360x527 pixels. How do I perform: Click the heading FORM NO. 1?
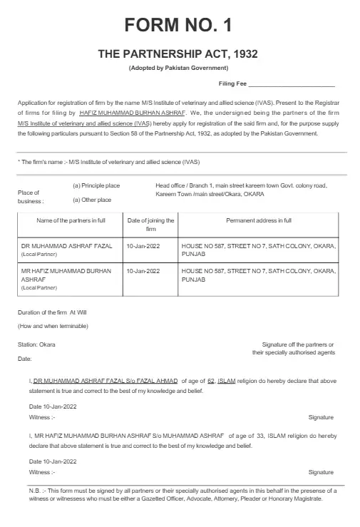coord(178,26)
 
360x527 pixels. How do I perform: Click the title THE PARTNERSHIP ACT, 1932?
coord(178,54)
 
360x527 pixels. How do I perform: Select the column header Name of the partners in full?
coord(70,221)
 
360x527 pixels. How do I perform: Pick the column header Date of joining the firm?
coord(150,225)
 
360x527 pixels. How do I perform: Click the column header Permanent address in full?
coord(258,221)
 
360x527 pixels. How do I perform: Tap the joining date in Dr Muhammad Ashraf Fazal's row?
coord(143,245)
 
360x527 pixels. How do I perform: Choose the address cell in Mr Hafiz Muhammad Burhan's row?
coord(258,275)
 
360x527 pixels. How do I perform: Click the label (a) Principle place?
coord(96,186)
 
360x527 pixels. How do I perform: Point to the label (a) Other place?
coord(92,200)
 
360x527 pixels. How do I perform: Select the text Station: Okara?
coord(36,344)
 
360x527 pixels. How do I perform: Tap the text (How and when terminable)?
coord(53,326)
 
